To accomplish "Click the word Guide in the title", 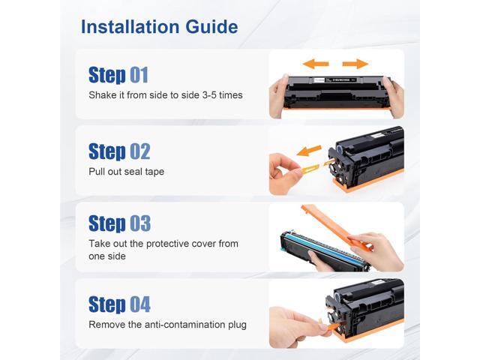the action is pos(211,27).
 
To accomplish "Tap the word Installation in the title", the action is pos(130,27).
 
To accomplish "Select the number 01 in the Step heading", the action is pos(139,75).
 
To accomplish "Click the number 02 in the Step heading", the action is pos(140,151).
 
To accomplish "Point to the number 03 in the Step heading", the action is pos(140,223).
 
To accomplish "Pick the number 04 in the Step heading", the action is pos(140,304).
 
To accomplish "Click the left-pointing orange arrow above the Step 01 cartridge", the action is pos(315,64).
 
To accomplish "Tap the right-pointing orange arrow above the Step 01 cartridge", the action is pos(355,64).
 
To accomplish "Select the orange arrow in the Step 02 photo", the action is pos(309,150).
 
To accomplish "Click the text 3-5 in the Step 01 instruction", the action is pos(209,95).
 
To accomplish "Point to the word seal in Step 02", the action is pos(133,172).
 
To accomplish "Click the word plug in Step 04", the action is pos(237,325).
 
